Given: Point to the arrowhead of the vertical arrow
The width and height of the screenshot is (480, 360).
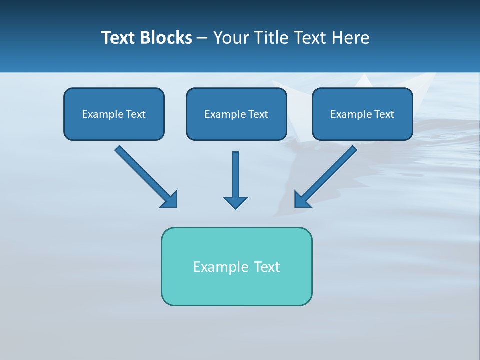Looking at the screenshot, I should click(x=235, y=203).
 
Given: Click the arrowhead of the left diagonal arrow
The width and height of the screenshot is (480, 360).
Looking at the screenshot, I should click(x=170, y=200).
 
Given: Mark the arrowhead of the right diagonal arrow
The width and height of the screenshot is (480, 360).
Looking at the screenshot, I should click(x=302, y=200).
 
